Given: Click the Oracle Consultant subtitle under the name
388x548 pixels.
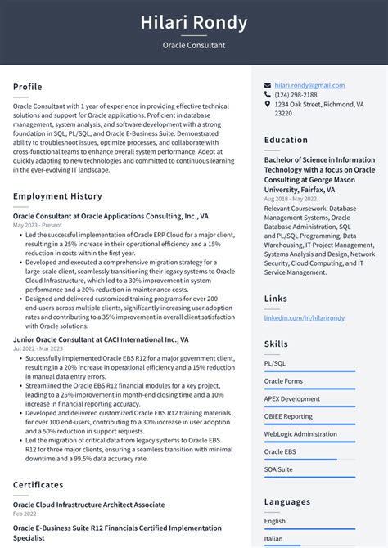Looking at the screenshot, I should point(194,45).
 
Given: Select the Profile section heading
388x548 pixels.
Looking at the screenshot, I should point(28,87).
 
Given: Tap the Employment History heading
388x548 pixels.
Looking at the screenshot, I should point(57,196).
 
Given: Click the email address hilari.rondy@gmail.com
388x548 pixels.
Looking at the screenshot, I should point(309,85).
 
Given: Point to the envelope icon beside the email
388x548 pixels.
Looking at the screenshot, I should point(268,85).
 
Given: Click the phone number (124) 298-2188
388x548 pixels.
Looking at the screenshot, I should point(298,95).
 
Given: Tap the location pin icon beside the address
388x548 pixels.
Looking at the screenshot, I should point(268,105).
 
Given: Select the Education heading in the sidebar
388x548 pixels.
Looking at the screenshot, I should point(286,140).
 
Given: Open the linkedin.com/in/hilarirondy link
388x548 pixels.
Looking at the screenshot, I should point(304,317).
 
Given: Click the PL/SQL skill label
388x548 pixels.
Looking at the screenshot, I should point(274,362).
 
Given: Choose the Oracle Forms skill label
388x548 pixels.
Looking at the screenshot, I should point(283,380).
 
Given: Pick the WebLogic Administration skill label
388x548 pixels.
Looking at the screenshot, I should point(300,433).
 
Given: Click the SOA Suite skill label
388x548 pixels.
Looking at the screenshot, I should point(278,469).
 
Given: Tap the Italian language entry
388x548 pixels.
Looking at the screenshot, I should point(274,539).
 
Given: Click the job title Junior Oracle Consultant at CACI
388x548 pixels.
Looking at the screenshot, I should point(101,339).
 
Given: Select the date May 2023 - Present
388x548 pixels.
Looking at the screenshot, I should point(37,225).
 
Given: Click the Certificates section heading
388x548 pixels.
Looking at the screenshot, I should point(38,485).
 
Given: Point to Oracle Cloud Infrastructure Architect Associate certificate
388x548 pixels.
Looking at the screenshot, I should point(88,505).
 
